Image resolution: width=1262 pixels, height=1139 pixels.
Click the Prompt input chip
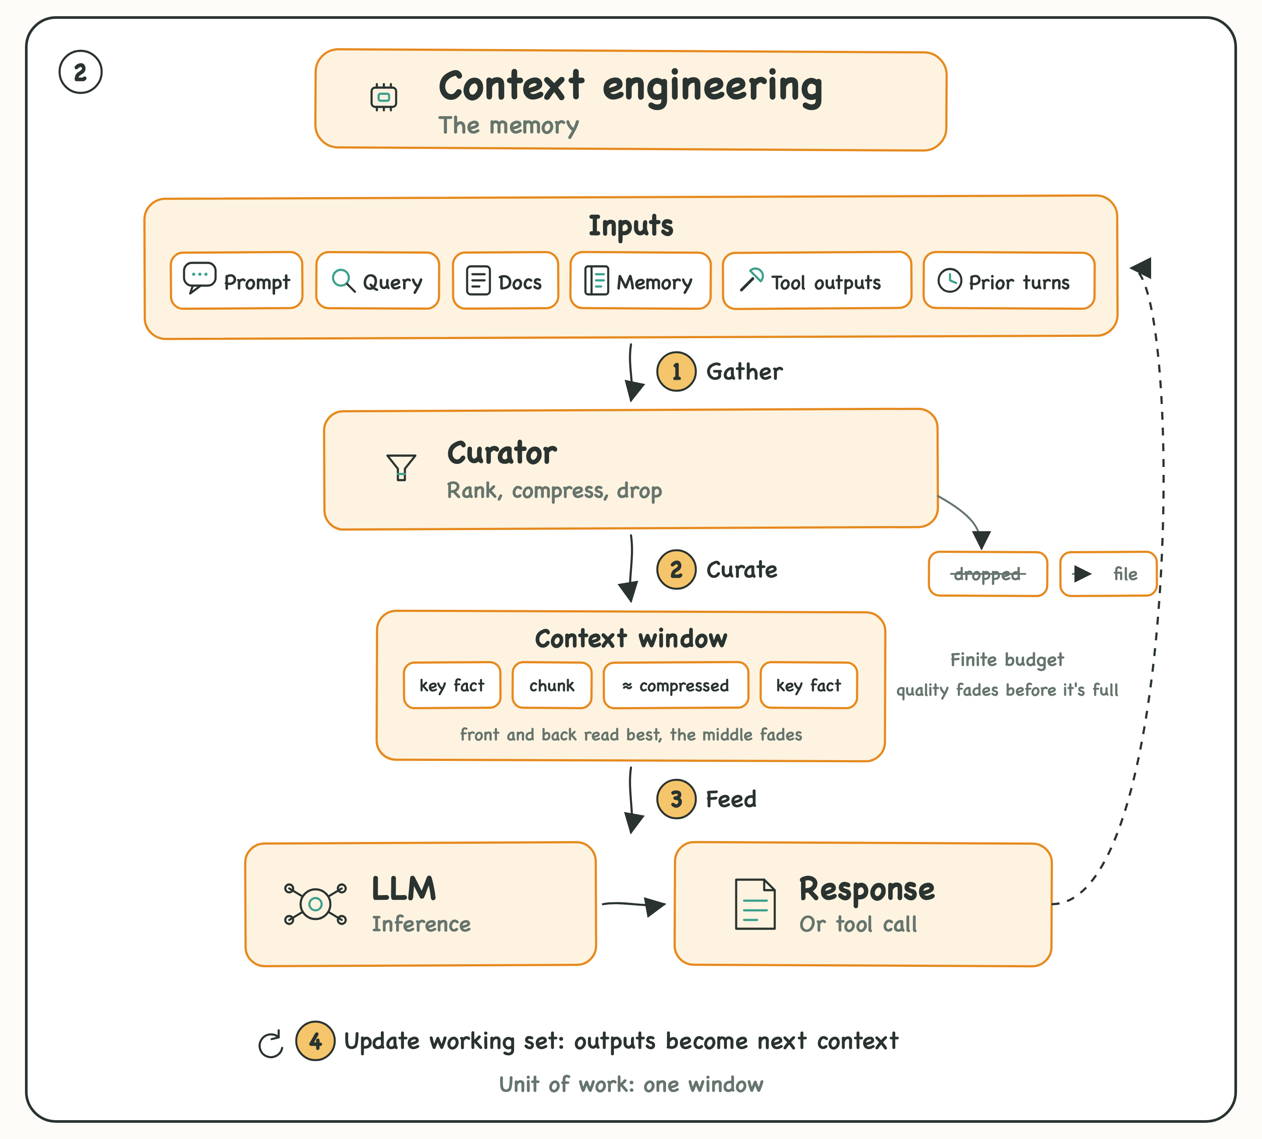237,280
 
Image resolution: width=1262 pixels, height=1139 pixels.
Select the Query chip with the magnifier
377,280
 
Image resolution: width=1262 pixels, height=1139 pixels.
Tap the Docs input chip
505,280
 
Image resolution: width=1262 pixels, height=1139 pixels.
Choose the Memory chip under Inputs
640,280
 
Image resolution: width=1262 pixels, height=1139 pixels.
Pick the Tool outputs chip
817,280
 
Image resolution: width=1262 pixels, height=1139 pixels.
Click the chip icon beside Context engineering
384,97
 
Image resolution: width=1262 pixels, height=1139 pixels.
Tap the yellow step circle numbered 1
676,372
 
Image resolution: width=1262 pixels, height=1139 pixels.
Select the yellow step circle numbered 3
676,799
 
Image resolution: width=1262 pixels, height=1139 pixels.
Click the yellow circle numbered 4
315,1041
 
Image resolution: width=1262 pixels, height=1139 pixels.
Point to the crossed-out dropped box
988,574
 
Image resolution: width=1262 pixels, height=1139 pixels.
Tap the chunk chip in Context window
552,685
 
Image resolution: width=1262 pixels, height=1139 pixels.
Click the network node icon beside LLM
315,904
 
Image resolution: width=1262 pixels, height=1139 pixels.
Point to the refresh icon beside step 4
271,1044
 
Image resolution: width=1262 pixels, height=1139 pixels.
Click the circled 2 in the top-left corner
81,72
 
